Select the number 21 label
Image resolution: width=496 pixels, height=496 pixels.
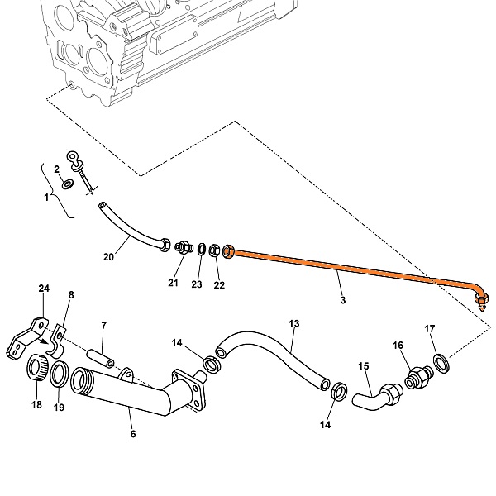click(174, 284)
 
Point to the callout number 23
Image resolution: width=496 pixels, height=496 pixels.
click(197, 284)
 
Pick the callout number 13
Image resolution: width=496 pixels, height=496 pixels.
click(293, 323)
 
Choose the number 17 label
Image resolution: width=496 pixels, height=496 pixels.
click(430, 329)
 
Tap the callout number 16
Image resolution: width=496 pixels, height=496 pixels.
click(398, 346)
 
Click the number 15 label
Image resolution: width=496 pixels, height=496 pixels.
click(363, 365)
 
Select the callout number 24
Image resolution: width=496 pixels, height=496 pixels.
click(44, 289)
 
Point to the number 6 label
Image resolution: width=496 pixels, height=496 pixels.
click(133, 432)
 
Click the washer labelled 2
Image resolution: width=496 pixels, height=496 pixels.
click(68, 182)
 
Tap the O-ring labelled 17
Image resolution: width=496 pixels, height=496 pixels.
click(442, 360)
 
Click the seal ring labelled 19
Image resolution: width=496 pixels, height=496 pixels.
click(60, 374)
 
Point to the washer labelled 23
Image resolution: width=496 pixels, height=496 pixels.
click(201, 249)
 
